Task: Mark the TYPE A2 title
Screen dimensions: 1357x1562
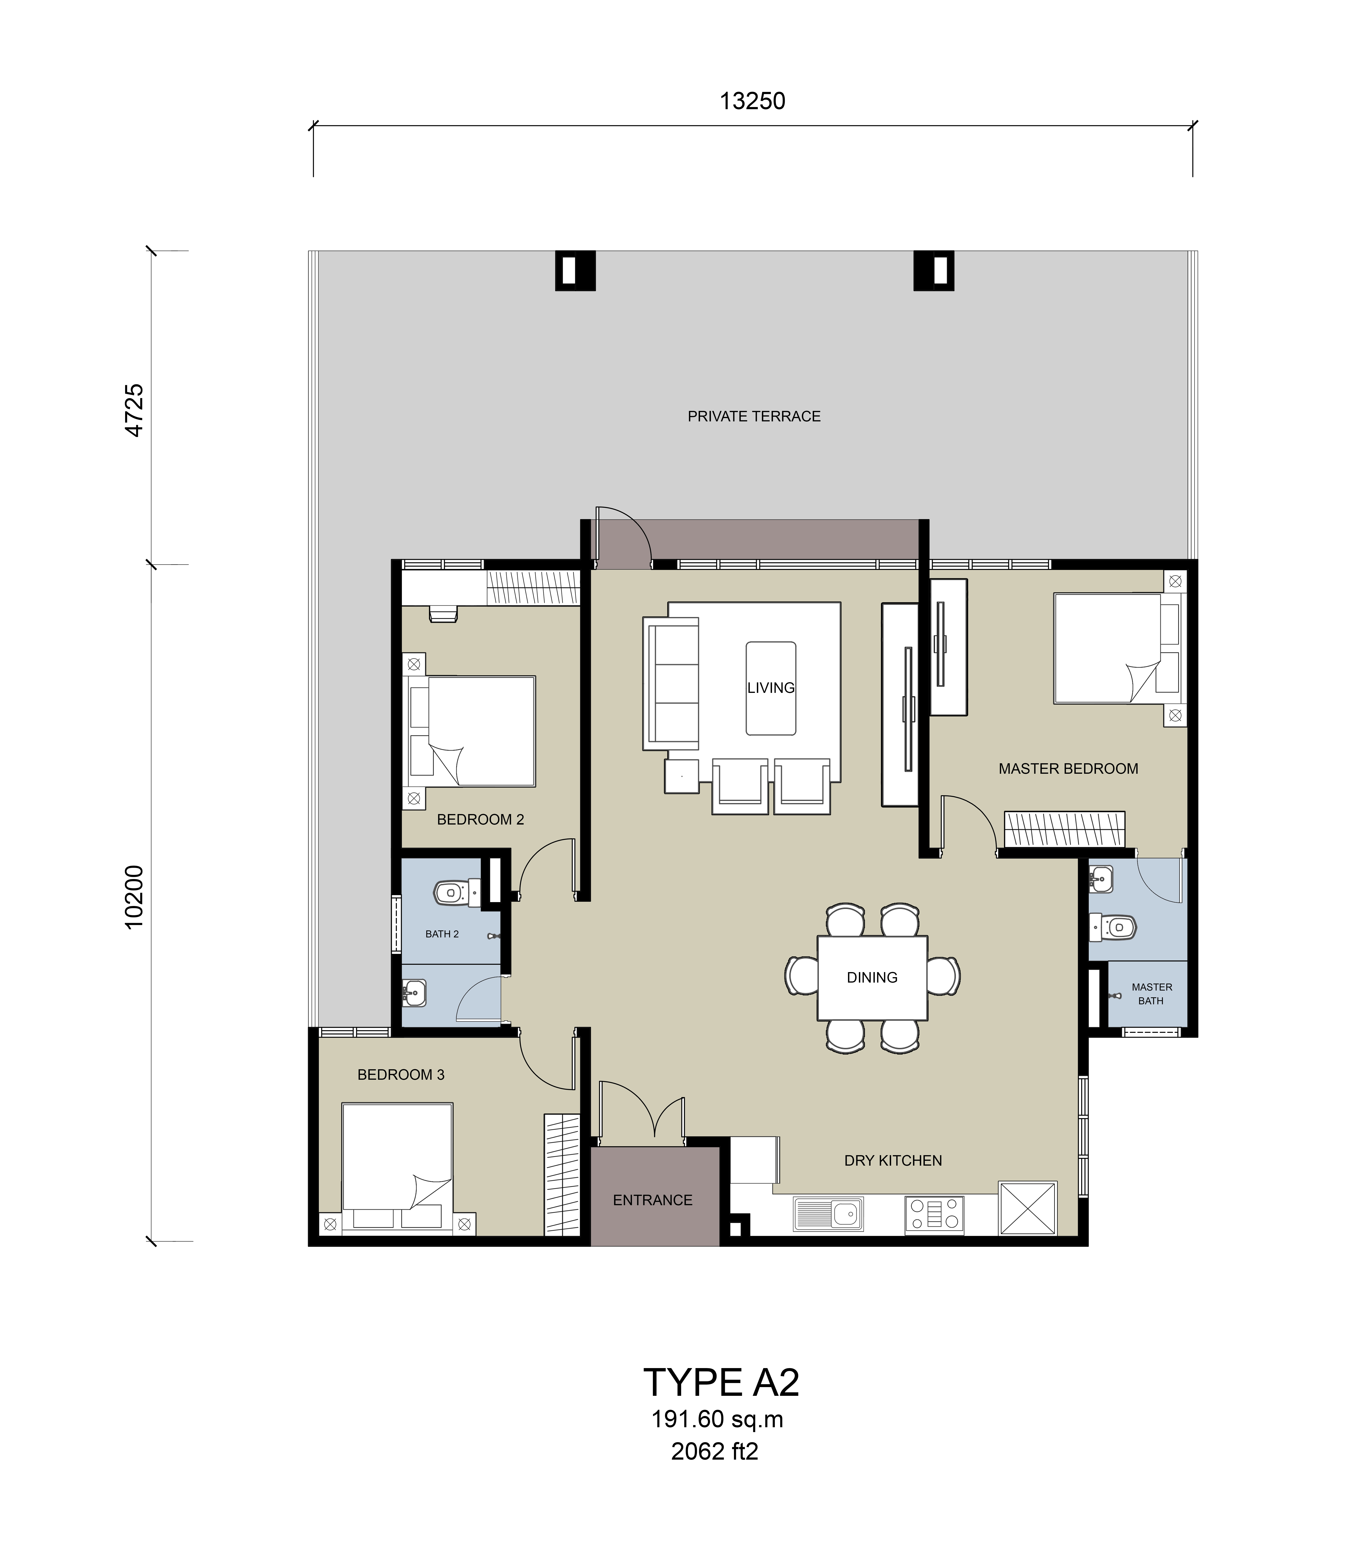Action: [x=721, y=1383]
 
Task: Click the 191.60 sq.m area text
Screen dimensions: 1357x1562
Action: [x=717, y=1420]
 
